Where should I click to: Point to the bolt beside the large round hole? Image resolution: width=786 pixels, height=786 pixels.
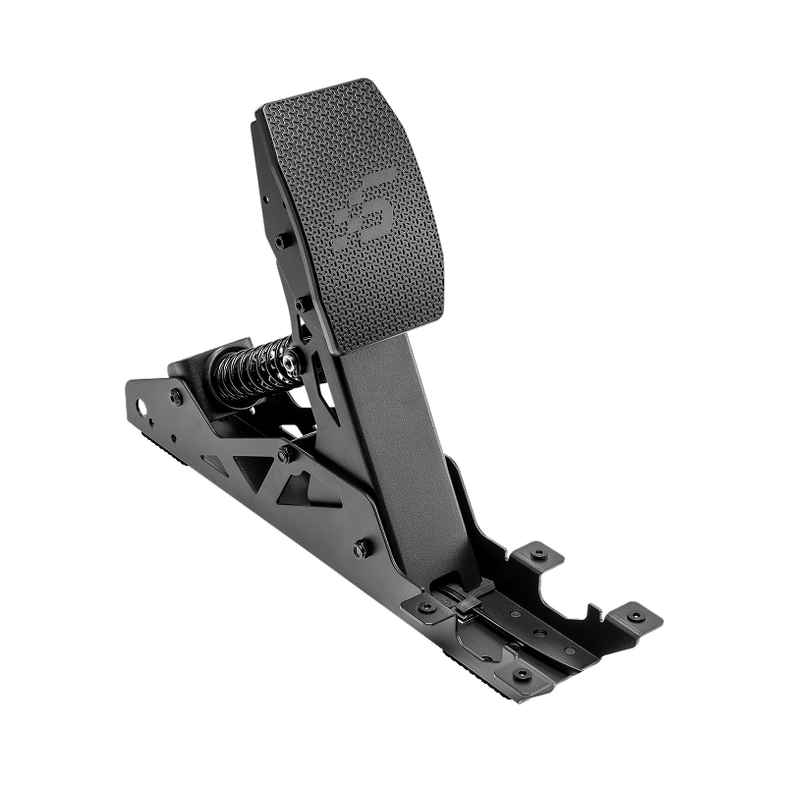coord(176,395)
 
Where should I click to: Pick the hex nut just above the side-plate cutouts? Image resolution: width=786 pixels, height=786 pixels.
coord(284,453)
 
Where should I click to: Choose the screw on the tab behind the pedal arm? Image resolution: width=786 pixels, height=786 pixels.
coord(537,555)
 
